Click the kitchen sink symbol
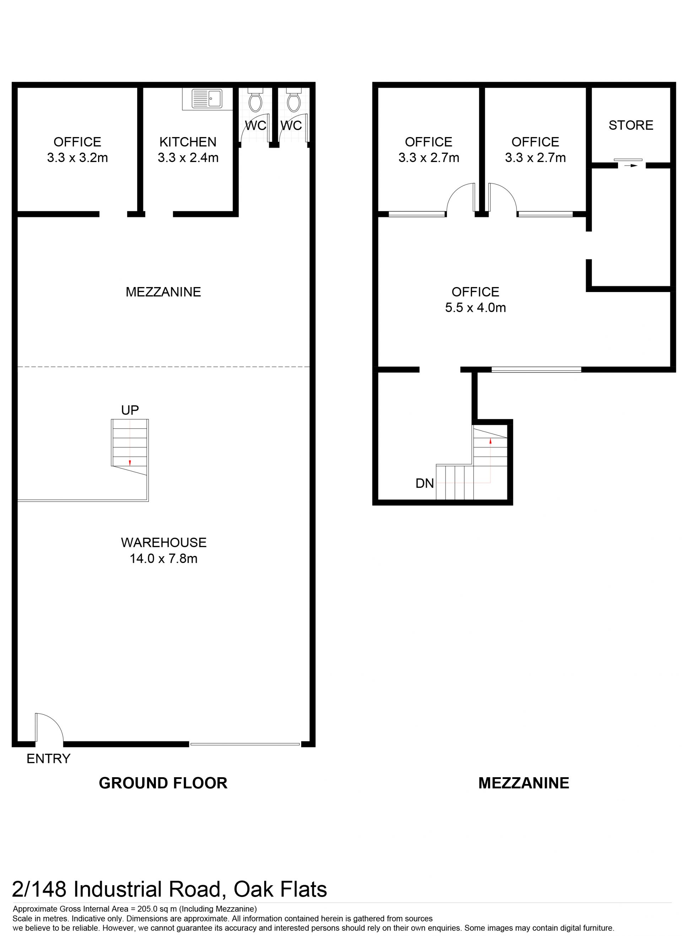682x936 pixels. coord(207,98)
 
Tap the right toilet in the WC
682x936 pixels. coord(293,99)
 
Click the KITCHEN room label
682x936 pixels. coord(188,142)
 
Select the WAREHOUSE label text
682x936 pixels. coord(163,542)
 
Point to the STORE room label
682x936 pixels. coord(631,125)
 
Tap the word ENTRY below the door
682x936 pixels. coord(49,758)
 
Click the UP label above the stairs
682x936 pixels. coord(130,410)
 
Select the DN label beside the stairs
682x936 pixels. coord(425,483)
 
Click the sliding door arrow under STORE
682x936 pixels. coord(631,166)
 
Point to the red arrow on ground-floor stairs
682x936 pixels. coord(130,462)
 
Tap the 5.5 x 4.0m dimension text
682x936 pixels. coord(476,308)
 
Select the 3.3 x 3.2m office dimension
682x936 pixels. coord(77,158)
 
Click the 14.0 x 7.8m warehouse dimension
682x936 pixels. coord(163,559)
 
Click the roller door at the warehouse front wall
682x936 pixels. coord(245,744)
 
